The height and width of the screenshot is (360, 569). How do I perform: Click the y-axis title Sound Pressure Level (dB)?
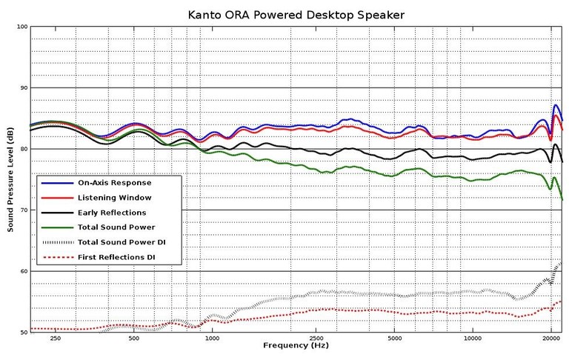[x=11, y=180]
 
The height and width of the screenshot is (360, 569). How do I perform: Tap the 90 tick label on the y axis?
[x=21, y=88]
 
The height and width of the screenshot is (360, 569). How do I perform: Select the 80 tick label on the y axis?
[x=21, y=149]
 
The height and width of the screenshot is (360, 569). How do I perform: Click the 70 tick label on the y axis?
[x=21, y=210]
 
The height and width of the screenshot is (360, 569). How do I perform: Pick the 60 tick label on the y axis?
[x=21, y=271]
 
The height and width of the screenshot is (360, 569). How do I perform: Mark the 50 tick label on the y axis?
[x=21, y=333]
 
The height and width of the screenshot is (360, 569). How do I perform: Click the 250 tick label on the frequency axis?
[x=55, y=339]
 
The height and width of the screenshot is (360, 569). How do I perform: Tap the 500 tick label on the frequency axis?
[x=133, y=339]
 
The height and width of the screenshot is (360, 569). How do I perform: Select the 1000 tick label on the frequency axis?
[x=212, y=339]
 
